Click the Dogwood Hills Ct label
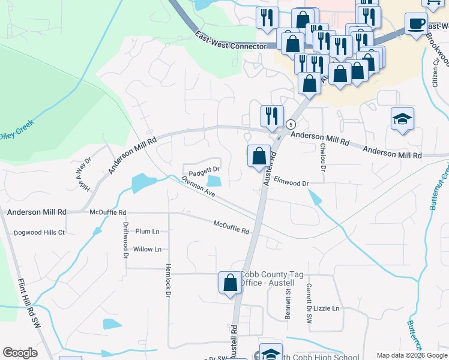coord(39,232)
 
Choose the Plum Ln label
coord(148,231)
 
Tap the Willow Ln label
coord(148,249)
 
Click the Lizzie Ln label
coord(327,308)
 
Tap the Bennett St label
coord(288,302)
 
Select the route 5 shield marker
coord(291,124)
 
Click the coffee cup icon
coord(416,24)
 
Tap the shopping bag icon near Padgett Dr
coord(259,157)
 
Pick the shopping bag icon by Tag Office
coord(230,282)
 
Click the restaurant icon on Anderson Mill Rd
coord(272,116)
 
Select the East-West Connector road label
coord(231,41)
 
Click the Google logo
coord(20,353)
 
